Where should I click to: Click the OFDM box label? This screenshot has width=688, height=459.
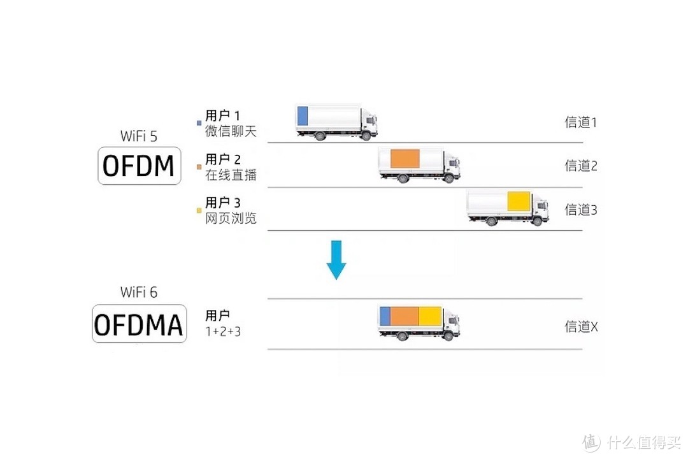click(x=138, y=166)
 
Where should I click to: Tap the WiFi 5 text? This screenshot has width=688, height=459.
click(x=138, y=136)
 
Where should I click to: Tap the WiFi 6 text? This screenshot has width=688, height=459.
click(x=138, y=293)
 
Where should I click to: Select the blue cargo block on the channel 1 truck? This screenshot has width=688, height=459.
click(x=303, y=115)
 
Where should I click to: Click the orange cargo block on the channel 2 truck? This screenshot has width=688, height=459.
click(x=405, y=159)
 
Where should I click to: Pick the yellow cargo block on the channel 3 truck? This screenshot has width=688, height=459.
click(x=519, y=201)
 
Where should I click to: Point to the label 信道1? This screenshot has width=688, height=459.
click(x=580, y=122)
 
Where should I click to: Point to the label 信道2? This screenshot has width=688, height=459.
click(x=580, y=166)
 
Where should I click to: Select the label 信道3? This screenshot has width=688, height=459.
click(x=580, y=209)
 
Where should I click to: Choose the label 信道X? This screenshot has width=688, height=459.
click(x=581, y=326)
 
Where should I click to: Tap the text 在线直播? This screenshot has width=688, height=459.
click(x=231, y=174)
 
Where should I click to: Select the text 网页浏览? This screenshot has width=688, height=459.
click(x=231, y=217)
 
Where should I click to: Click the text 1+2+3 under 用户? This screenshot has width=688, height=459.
click(x=223, y=331)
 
